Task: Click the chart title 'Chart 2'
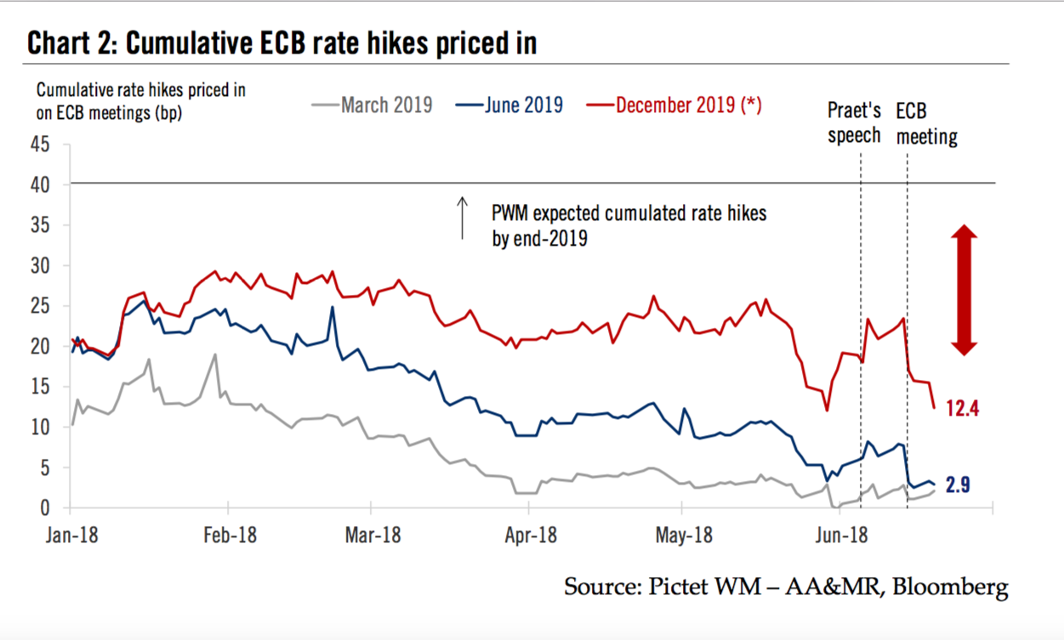[73, 42]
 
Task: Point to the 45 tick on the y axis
[41, 144]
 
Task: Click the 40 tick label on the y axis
[41, 184]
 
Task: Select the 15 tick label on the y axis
[41, 387]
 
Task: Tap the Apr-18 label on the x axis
[529, 535]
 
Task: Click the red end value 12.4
[963, 409]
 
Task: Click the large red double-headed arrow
[964, 290]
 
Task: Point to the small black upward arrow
[463, 218]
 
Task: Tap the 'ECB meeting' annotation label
[926, 122]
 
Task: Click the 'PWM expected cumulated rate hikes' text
[629, 212]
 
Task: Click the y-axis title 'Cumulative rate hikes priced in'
[141, 89]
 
